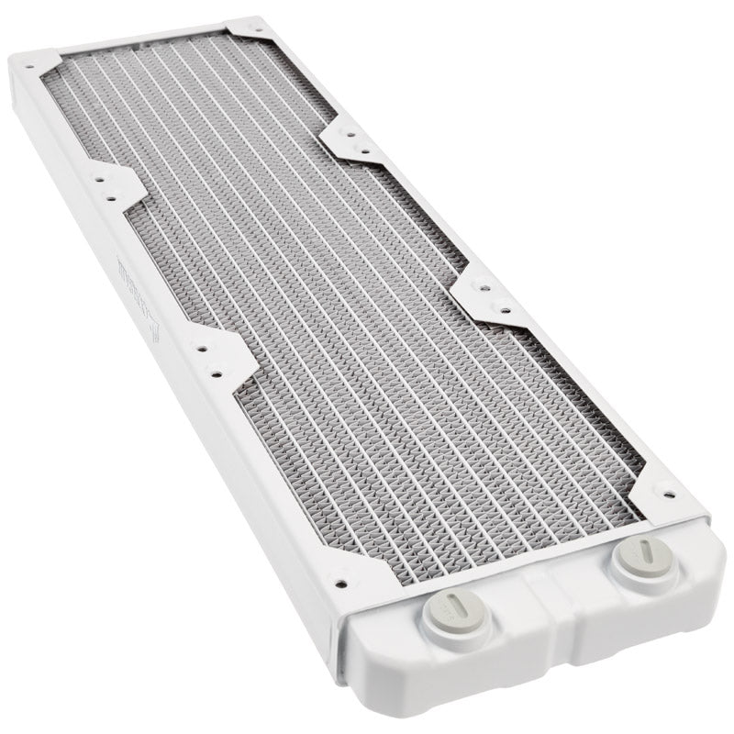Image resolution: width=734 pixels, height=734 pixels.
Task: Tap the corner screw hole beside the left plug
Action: point(342,581)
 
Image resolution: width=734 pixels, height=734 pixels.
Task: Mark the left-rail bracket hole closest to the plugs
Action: point(217,373)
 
